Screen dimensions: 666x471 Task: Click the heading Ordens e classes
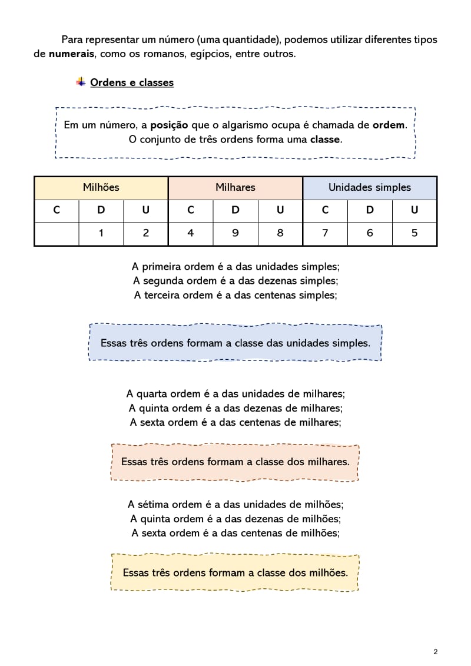(132, 82)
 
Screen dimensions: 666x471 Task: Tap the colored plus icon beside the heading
(81, 82)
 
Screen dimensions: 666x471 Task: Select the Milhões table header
(101, 187)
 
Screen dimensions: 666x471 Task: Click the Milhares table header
(235, 187)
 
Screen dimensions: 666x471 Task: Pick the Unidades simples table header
(369, 187)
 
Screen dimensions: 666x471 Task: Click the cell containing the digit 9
(235, 233)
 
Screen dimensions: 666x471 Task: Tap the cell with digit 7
(325, 233)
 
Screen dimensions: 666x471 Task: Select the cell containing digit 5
(414, 233)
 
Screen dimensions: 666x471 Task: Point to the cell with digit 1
(101, 233)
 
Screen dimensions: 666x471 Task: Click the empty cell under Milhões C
(57, 233)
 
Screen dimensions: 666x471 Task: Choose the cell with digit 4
(190, 233)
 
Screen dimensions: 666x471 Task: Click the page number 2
(435, 651)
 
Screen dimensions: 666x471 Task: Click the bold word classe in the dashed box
(325, 140)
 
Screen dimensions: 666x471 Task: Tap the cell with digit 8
(280, 233)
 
